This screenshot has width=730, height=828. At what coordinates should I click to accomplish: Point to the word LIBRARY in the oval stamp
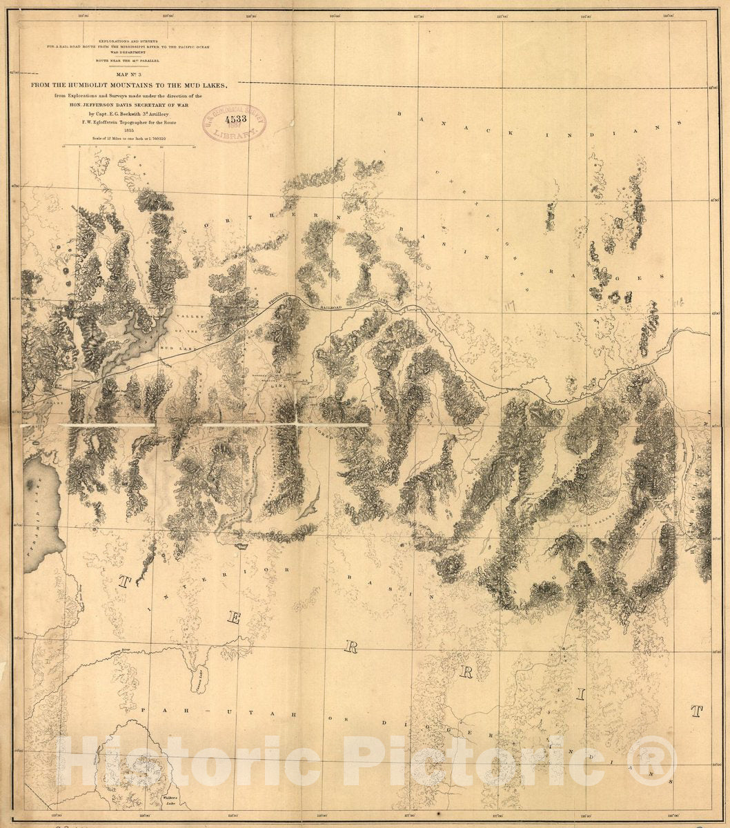pyautogui.click(x=232, y=133)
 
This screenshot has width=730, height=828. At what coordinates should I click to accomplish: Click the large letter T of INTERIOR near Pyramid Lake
pyautogui.click(x=124, y=581)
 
